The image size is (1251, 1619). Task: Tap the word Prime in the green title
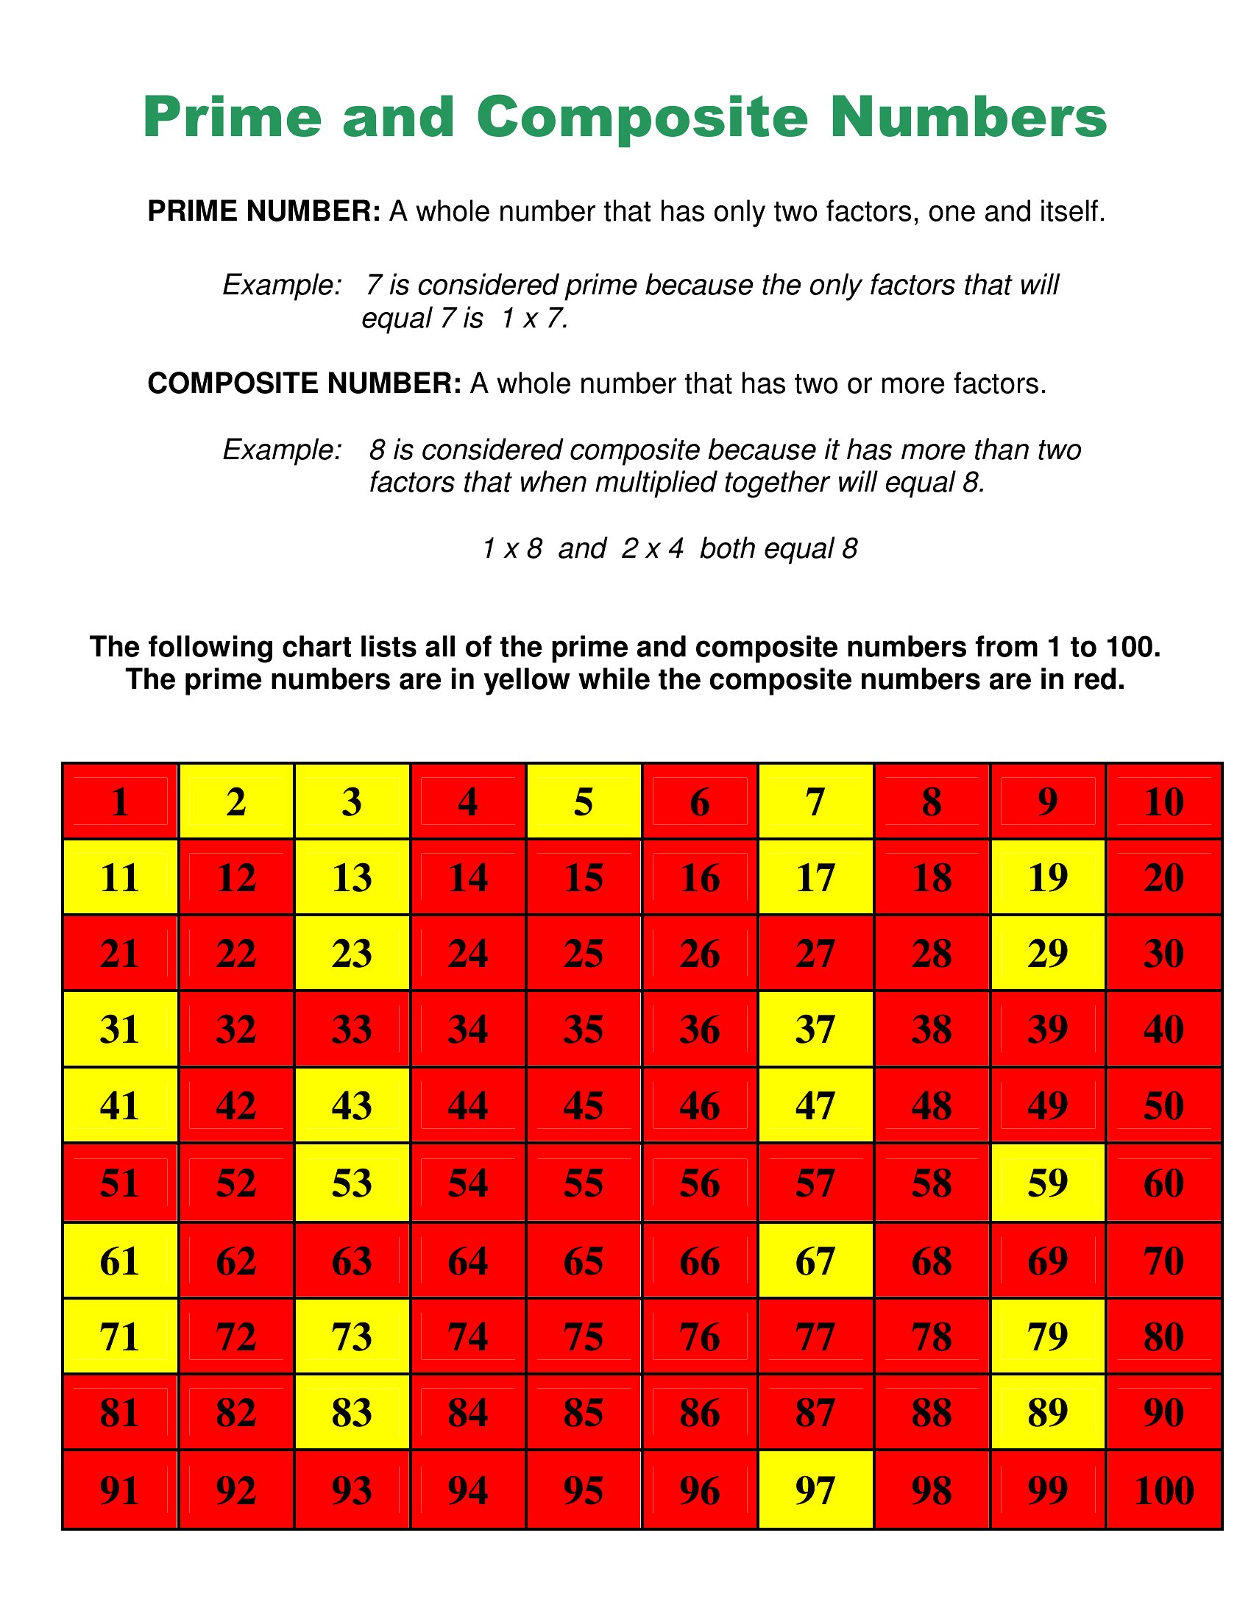click(233, 117)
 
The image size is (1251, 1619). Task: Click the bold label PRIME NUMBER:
click(264, 212)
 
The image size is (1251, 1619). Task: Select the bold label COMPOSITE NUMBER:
click(305, 383)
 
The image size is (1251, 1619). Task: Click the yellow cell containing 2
click(235, 801)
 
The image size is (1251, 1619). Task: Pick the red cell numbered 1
click(120, 801)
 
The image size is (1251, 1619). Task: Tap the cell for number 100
click(1163, 1490)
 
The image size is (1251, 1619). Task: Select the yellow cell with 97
click(815, 1490)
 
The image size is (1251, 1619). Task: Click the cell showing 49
click(1047, 1105)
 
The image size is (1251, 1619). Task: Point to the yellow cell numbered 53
click(351, 1183)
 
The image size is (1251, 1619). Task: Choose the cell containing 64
click(467, 1260)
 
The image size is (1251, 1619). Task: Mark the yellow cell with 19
click(1047, 878)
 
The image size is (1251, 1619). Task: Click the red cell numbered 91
click(120, 1490)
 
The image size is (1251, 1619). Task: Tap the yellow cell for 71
click(120, 1336)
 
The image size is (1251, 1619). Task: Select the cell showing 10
click(1163, 801)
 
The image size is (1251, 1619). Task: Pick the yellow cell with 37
click(815, 1029)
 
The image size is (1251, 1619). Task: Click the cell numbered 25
click(584, 953)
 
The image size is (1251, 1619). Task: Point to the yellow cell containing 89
click(1047, 1412)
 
